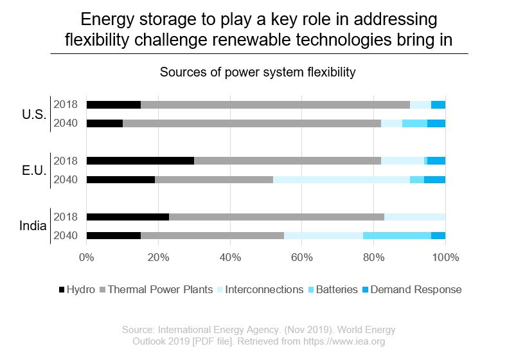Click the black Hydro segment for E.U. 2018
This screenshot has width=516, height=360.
[x=140, y=161]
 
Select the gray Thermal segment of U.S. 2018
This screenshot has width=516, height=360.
[x=275, y=105]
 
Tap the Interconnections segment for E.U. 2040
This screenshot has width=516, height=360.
[x=341, y=179]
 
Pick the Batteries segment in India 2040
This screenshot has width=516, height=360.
[x=397, y=235]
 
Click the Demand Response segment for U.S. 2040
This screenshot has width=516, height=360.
[x=436, y=123]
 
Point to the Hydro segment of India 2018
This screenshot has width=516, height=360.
[x=127, y=217]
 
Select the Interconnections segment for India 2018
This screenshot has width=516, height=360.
[x=414, y=217]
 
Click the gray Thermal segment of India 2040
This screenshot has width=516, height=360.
[x=212, y=235]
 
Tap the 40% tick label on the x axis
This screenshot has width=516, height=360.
[x=230, y=258]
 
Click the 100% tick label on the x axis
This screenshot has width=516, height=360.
[x=445, y=258]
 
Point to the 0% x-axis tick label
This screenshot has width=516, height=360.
[x=86, y=258]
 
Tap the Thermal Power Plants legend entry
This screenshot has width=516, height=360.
[x=160, y=289]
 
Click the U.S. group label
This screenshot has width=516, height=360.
[x=33, y=114]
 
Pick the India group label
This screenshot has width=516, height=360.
[x=32, y=226]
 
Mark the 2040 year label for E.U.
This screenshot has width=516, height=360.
[x=65, y=179]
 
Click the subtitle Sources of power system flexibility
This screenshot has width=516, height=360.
[x=258, y=72]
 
